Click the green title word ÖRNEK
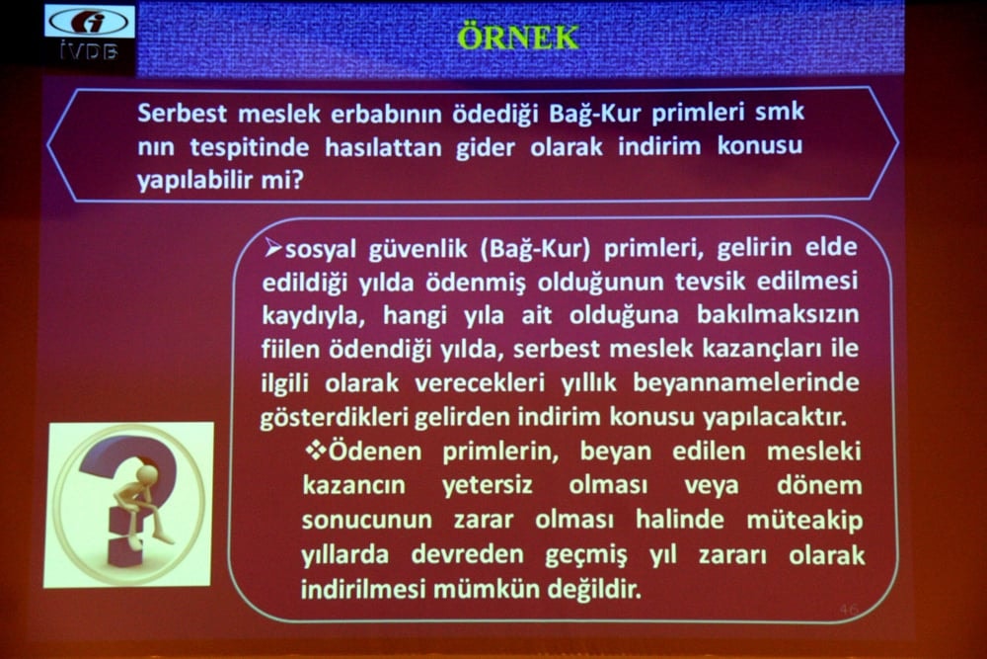pyautogui.click(x=518, y=39)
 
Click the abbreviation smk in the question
pyautogui.click(x=780, y=112)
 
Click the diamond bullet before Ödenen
pyautogui.click(x=316, y=451)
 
